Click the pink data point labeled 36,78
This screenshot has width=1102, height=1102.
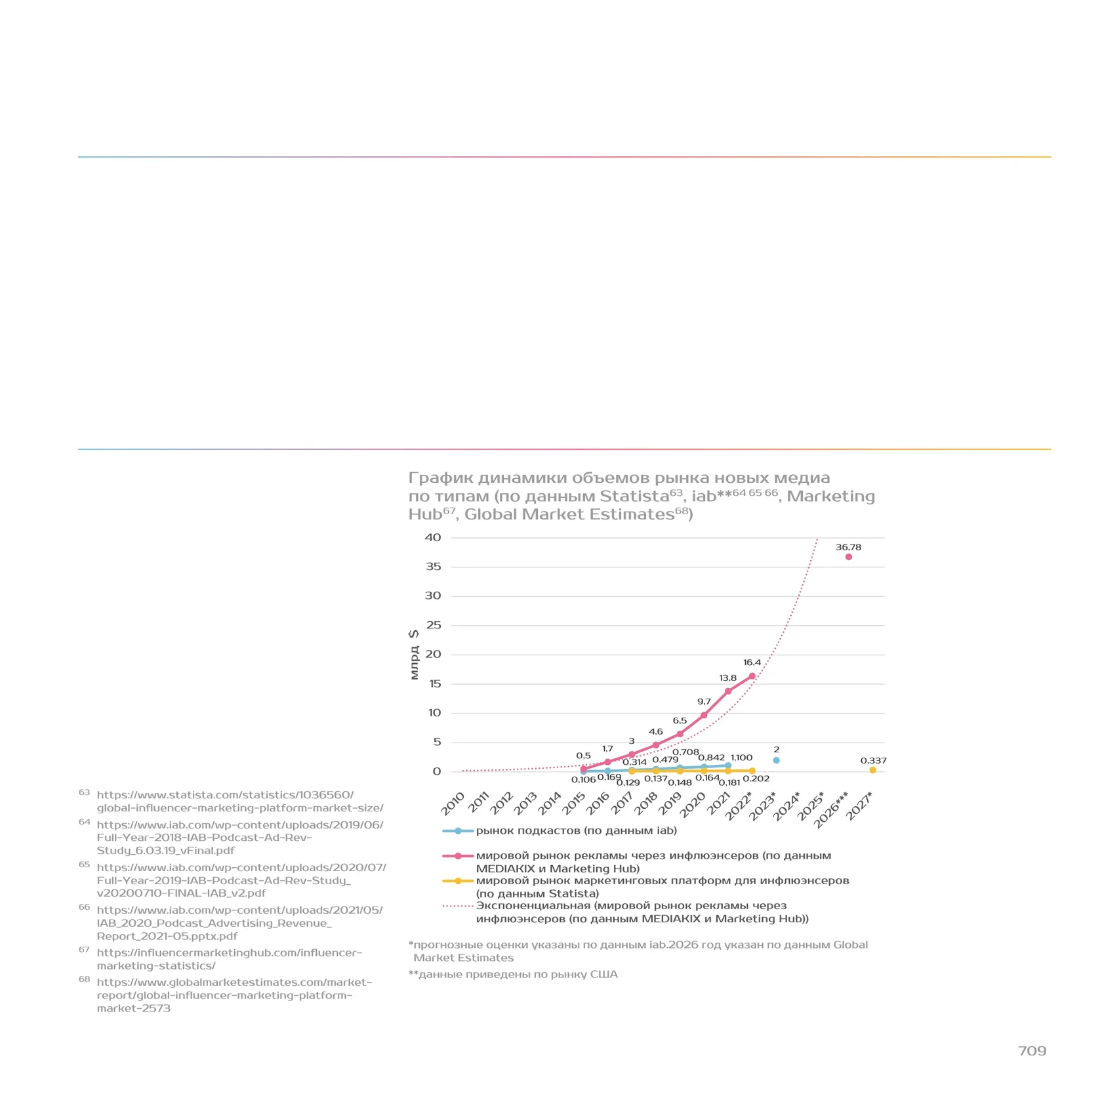tap(848, 557)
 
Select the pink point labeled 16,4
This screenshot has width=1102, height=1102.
tap(752, 676)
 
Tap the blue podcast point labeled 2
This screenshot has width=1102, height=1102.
tap(776, 760)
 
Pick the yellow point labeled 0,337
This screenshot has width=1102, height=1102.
tap(872, 770)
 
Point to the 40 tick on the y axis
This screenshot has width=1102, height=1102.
tap(433, 537)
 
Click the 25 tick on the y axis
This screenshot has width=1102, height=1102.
tap(434, 625)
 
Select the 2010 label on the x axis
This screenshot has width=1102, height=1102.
tap(452, 804)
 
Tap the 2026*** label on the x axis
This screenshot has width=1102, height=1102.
tap(831, 810)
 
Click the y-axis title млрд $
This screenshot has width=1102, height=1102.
tap(413, 655)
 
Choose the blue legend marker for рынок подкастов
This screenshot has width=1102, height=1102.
tap(458, 831)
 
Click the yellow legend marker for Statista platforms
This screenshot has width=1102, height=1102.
tap(458, 881)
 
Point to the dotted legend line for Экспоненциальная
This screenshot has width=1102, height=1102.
tap(458, 906)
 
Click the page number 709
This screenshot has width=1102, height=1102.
tap(1032, 1051)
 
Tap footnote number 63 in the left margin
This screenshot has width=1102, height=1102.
tap(84, 792)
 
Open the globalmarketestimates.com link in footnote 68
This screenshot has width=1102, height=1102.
tap(234, 995)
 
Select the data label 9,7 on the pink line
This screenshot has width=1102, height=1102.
tap(704, 701)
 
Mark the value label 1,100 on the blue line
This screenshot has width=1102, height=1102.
tap(741, 758)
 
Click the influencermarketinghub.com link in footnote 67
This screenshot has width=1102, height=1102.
tap(229, 959)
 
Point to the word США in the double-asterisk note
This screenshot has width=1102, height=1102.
tap(603, 974)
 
